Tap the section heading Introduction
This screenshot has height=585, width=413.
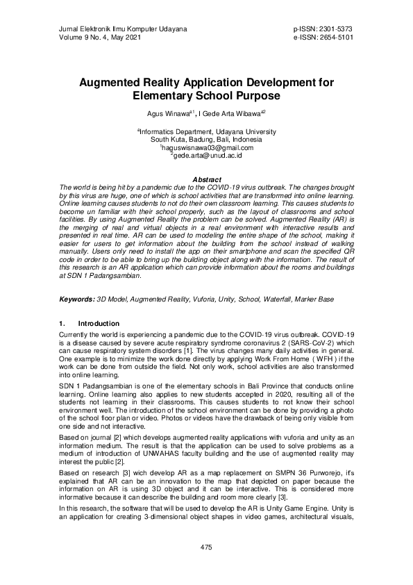click(x=99, y=324)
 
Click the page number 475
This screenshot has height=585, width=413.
click(x=206, y=548)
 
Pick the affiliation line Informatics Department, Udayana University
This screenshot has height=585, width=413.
click(x=206, y=131)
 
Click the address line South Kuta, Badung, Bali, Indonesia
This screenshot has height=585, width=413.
click(x=206, y=139)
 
